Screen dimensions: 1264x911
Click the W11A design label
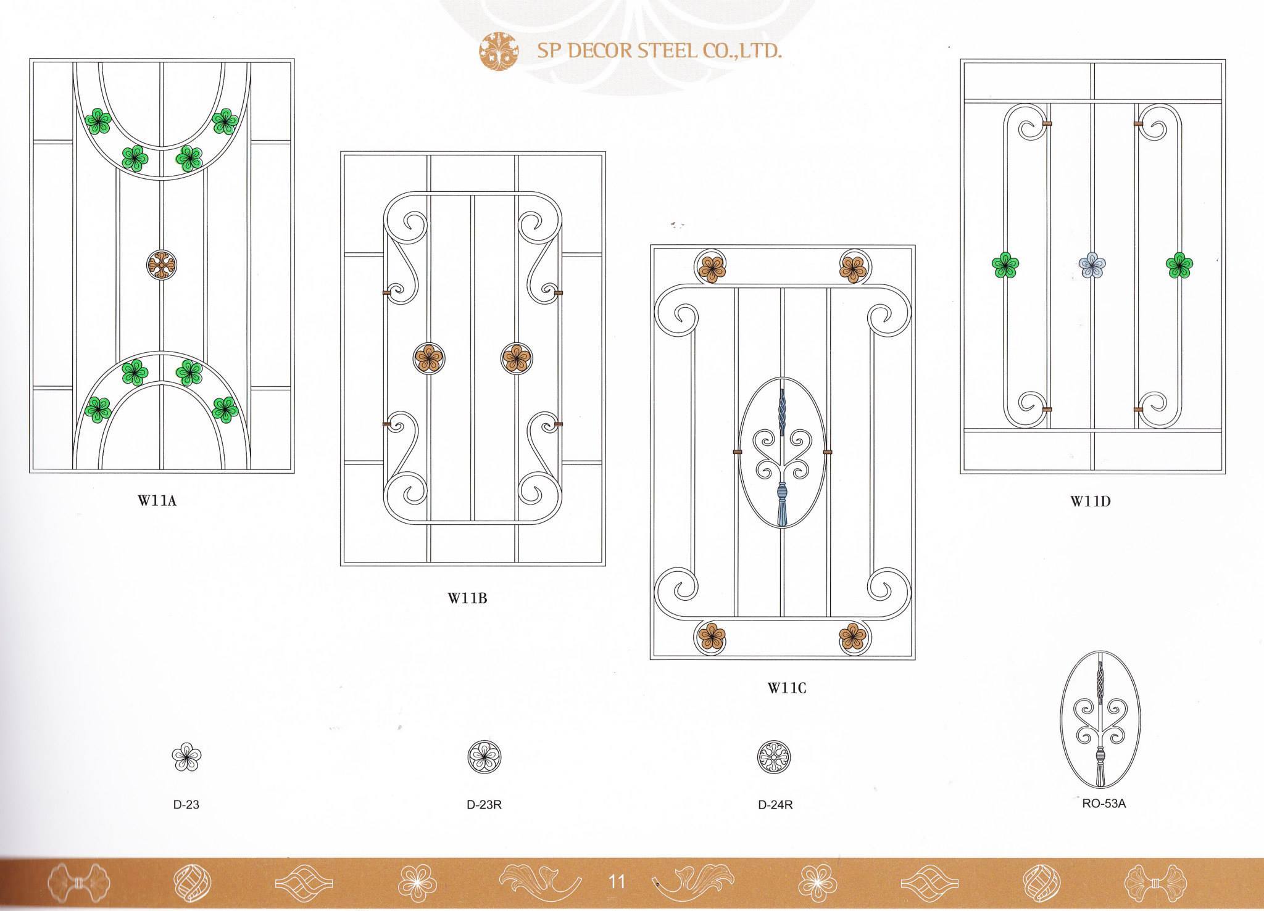pos(157,500)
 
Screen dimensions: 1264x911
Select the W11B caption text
pos(467,597)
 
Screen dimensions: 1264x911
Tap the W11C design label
pos(787,688)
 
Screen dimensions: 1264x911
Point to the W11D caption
pos(1090,501)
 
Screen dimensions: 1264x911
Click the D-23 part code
pos(186,805)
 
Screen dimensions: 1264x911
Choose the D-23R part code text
pos(484,805)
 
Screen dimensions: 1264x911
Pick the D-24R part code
pos(775,805)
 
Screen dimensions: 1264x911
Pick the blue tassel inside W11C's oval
pos(783,505)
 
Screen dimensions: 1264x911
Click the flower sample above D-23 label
pos(186,757)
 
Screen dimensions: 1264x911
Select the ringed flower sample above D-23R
pos(484,757)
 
